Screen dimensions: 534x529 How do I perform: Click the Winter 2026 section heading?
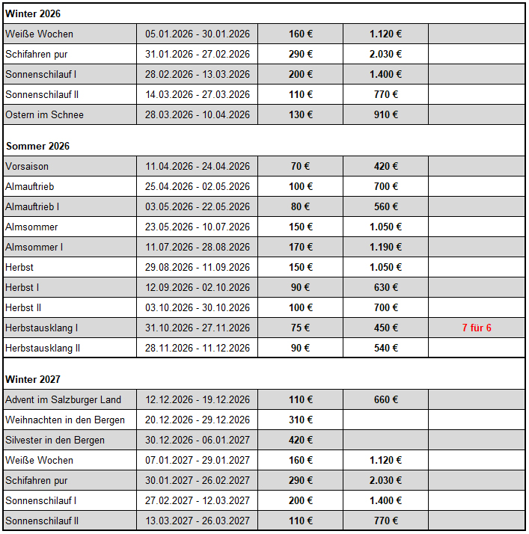click(x=33, y=13)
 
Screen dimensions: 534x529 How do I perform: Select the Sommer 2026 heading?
click(x=37, y=146)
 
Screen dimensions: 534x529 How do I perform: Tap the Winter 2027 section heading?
click(x=33, y=379)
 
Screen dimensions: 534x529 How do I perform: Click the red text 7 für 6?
click(x=477, y=328)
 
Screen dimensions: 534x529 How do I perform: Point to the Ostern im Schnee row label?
click(x=44, y=114)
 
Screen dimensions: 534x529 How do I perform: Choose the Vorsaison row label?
click(x=27, y=166)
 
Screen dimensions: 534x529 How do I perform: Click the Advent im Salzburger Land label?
click(x=63, y=399)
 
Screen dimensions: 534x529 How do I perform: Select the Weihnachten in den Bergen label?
click(x=65, y=420)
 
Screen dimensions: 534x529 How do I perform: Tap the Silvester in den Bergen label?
click(x=55, y=440)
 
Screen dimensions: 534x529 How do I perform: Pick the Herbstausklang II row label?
click(x=43, y=348)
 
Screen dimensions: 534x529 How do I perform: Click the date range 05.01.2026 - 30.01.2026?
click(x=198, y=34)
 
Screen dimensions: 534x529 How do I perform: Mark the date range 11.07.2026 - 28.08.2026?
click(x=198, y=247)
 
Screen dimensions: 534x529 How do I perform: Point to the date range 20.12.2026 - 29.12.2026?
click(x=198, y=420)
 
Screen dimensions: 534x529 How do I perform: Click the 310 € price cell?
click(x=300, y=420)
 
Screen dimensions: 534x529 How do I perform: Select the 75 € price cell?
click(x=300, y=328)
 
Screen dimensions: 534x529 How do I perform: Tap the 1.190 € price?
click(x=385, y=247)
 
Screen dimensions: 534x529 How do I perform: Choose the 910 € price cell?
click(x=385, y=114)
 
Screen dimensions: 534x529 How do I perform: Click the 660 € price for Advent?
click(x=385, y=399)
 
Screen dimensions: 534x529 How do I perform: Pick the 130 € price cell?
click(x=300, y=114)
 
